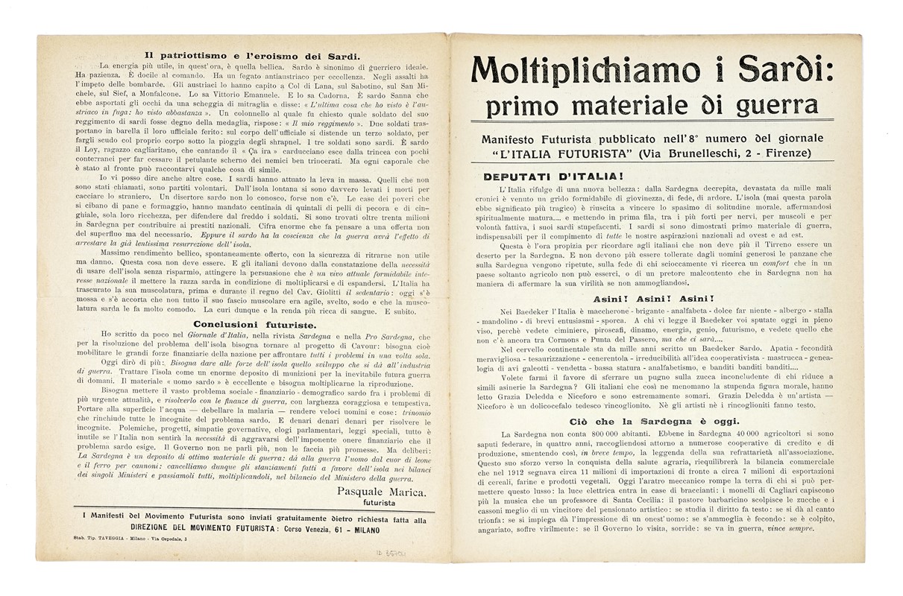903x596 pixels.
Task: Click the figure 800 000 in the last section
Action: point(613,434)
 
